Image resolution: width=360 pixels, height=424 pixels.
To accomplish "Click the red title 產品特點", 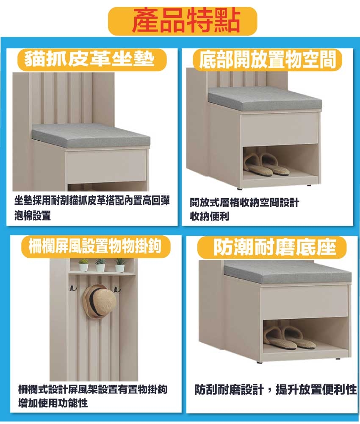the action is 186,20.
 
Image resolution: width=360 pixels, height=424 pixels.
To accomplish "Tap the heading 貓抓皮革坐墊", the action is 89,59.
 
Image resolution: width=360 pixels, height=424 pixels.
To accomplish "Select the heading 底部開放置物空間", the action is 267,59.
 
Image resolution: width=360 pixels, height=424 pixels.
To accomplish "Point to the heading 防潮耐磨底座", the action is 274,247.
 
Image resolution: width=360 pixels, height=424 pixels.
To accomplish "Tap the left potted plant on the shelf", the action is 83,265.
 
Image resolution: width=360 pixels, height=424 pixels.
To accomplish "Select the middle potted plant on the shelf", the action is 100,265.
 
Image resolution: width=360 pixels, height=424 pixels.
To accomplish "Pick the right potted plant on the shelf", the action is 119,265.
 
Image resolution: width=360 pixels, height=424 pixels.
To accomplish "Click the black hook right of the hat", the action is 117,289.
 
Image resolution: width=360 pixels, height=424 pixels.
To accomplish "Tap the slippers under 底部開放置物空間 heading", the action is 266,165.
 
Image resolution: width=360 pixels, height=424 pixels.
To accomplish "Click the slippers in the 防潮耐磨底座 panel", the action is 289,337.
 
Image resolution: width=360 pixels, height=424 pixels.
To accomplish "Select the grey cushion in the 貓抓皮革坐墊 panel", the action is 91,136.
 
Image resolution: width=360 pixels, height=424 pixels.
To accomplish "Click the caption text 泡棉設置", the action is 33,216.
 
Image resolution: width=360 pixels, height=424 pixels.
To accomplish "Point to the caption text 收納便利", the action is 210,216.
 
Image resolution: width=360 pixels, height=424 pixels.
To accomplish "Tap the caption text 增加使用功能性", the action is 53,403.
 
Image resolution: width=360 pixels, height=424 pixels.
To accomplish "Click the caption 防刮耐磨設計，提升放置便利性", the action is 275,390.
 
